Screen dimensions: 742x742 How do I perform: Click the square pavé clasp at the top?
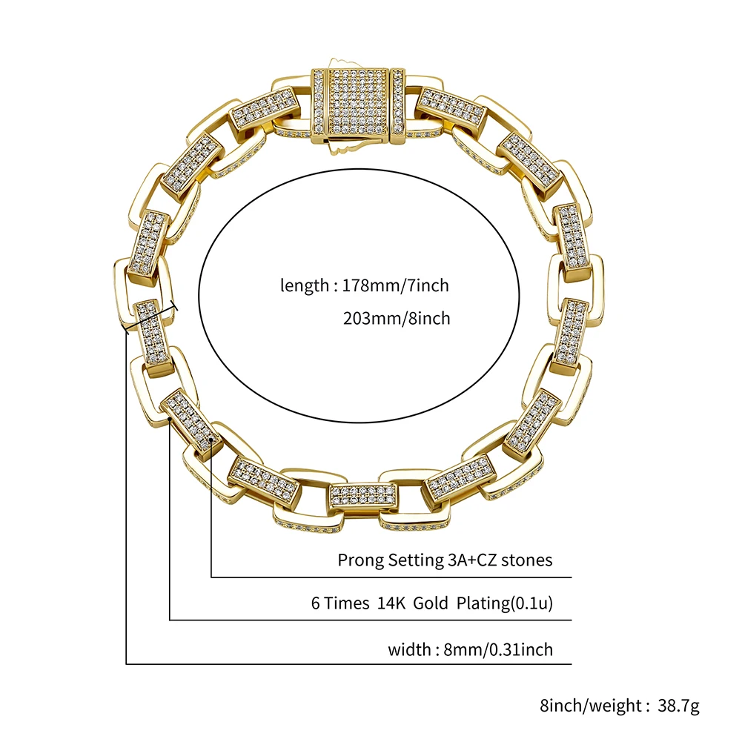click(357, 107)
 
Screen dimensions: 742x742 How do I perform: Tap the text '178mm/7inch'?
click(395, 286)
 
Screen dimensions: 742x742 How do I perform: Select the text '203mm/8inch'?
click(397, 319)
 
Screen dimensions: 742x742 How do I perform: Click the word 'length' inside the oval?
click(304, 286)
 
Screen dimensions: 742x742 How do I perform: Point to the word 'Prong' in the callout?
click(360, 560)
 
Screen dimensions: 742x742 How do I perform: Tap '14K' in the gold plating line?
click(392, 603)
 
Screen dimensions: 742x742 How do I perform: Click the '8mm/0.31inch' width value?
click(498, 650)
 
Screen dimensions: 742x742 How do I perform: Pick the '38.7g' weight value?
click(678, 706)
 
